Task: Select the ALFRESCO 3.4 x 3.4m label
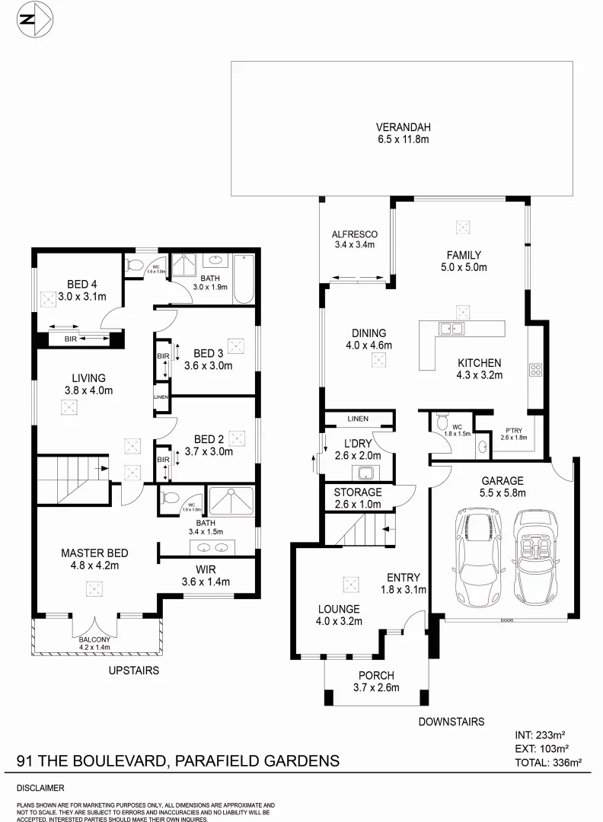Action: (355, 240)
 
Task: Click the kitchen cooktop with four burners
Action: (535, 371)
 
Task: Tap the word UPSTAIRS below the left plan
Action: (134, 671)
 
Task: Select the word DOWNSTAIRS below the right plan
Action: (451, 722)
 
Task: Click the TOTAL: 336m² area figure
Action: (548, 761)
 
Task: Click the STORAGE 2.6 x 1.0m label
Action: (358, 498)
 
